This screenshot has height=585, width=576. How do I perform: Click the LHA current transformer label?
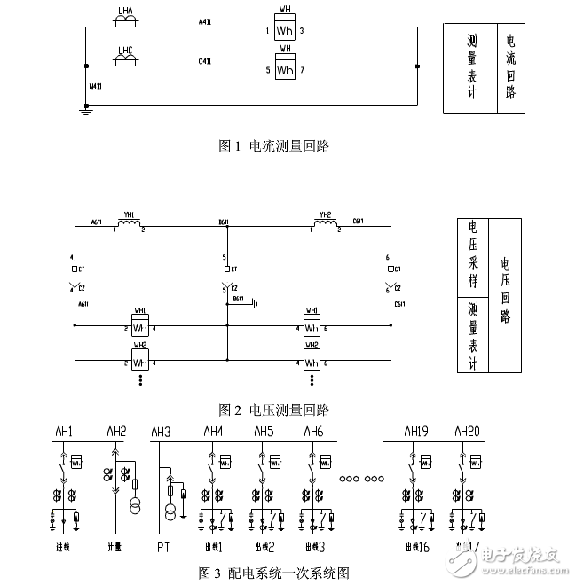click(125, 12)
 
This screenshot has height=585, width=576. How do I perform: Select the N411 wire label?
click(96, 87)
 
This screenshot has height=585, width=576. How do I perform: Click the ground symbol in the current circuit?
click(85, 111)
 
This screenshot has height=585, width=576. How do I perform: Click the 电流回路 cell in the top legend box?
click(509, 67)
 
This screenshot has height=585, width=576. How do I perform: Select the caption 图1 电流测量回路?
click(273, 146)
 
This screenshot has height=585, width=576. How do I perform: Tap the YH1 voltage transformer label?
click(130, 214)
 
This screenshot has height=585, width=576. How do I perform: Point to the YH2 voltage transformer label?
click(326, 214)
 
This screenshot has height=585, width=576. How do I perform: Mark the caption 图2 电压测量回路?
click(273, 409)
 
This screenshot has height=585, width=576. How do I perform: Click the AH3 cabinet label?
click(161, 432)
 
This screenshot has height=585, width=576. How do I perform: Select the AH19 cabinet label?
click(415, 432)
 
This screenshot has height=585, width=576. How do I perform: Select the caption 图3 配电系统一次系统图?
click(273, 572)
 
